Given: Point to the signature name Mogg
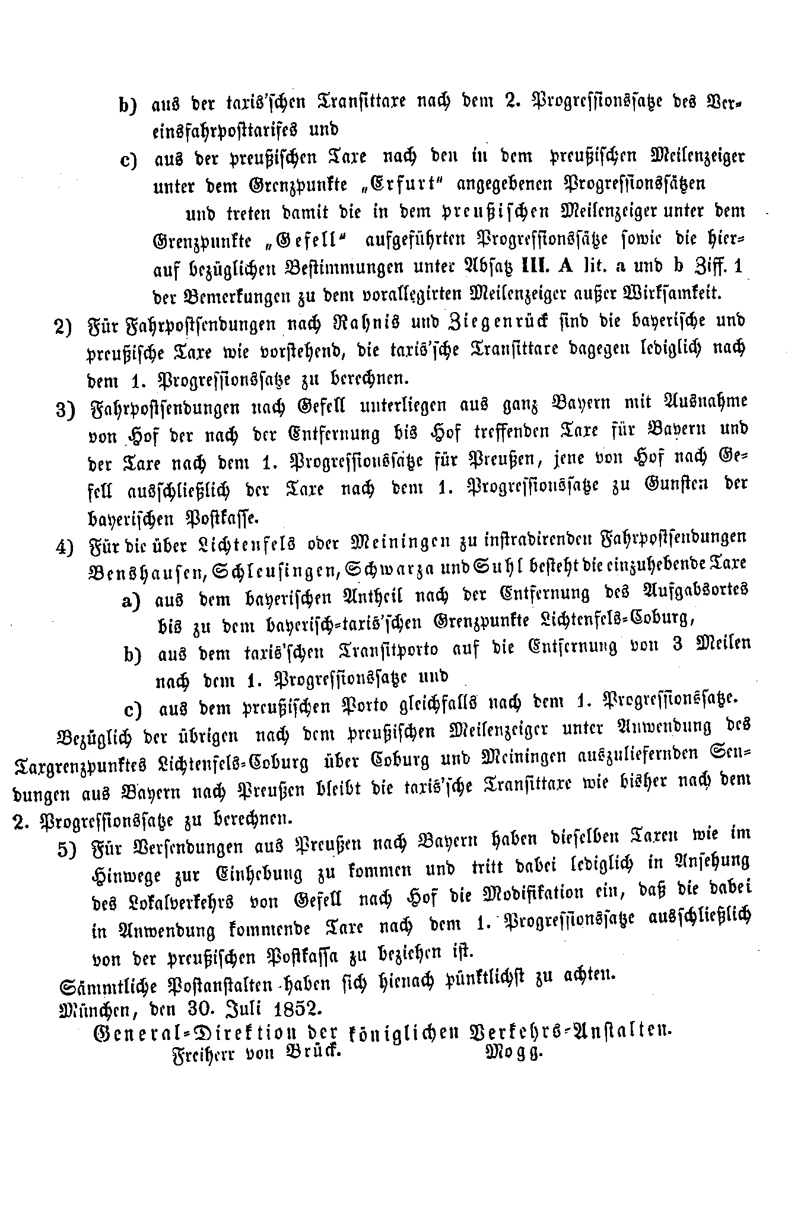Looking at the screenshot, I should click(514, 1053).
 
